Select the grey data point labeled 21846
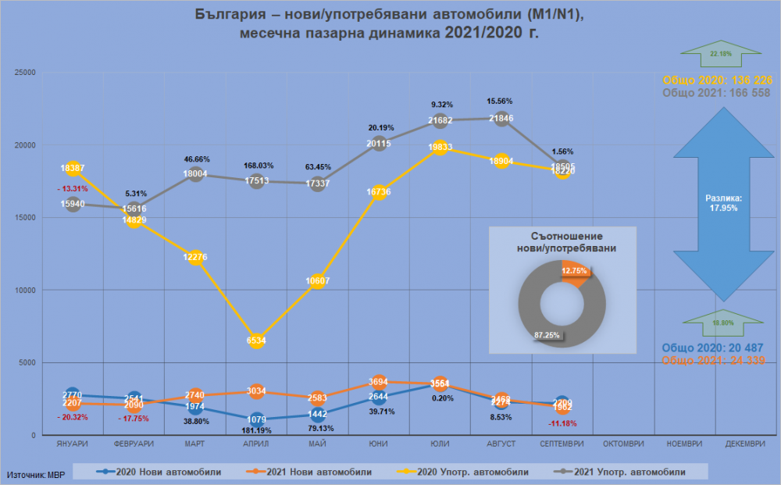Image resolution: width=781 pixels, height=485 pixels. click(501, 118)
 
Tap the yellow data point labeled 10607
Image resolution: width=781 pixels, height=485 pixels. click(318, 281)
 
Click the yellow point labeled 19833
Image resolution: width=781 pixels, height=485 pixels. click(440, 148)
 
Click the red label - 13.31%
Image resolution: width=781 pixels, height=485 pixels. click(73, 188)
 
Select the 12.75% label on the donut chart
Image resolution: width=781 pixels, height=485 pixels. click(575, 271)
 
